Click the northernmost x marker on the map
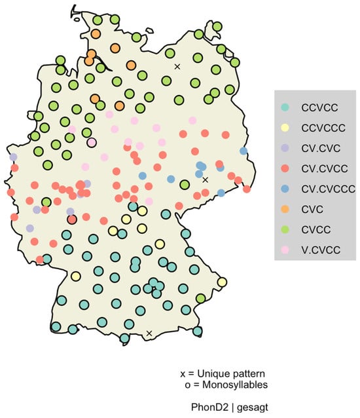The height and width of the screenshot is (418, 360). click(177, 66)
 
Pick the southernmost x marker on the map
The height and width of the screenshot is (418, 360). click(149, 333)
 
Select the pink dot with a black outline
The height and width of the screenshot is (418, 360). click(92, 142)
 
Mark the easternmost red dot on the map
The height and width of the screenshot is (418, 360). click(247, 189)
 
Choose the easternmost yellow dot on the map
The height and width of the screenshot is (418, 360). click(222, 282)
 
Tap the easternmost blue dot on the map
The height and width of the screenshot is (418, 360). click(243, 151)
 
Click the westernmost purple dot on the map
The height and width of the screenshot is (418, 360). click(13, 157)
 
